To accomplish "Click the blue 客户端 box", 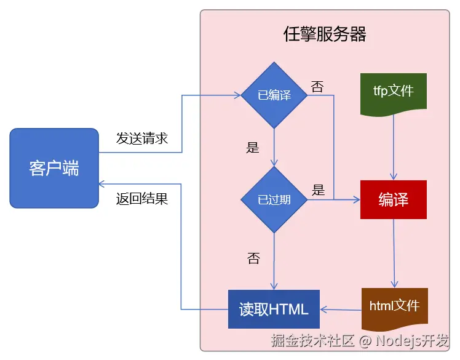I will pos(54,168).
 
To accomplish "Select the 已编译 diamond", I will pos(274,95).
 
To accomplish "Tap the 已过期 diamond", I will pos(274,200).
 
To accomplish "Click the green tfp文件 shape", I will pos(394,92).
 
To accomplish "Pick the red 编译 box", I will pos(394,200).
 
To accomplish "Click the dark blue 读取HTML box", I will pos(274,309).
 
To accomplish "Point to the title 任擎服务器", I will pos(325,34).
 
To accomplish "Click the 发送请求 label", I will pos(142,138).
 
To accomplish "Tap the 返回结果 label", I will pos(142,199).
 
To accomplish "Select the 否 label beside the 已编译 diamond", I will pos(317,87).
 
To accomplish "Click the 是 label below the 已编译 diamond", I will pos(252,147).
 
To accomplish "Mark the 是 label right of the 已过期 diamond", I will pos(318,190).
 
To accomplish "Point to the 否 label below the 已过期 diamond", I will pos(253,258).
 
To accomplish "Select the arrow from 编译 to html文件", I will pos(394,252).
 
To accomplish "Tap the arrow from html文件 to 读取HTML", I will pos(341,310).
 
